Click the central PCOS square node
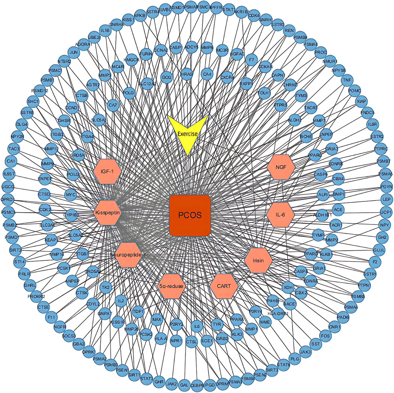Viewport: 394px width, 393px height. [x=190, y=215]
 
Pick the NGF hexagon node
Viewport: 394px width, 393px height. [x=281, y=167]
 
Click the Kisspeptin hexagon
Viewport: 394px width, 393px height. [x=107, y=213]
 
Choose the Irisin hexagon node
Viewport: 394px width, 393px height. [x=259, y=260]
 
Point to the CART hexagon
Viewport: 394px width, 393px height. [x=224, y=286]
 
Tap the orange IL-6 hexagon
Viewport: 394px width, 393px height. [x=281, y=215]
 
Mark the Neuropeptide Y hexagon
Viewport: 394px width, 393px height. [x=128, y=255]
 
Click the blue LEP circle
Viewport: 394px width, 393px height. [x=387, y=200]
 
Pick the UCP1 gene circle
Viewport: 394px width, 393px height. [x=387, y=212]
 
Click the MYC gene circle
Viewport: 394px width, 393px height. [x=70, y=195]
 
